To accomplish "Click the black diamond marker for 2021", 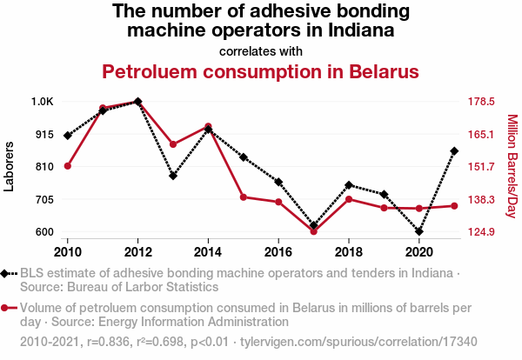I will tap(454, 151).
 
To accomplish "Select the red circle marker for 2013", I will tap(173, 144).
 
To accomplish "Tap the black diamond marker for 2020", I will tap(419, 232).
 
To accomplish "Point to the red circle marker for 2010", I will tap(68, 166).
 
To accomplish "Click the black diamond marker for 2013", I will tap(173, 176).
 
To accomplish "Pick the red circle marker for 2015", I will tap(244, 197).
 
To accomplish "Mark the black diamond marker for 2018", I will tap(349, 185).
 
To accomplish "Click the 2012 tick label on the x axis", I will tap(138, 252).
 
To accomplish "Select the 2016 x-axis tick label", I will tap(278, 252).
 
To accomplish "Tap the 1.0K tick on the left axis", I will tap(42, 102).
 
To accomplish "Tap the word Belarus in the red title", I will tap(371, 70).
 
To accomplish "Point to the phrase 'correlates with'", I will tap(261, 50).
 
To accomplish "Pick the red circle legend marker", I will tap(6, 308).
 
